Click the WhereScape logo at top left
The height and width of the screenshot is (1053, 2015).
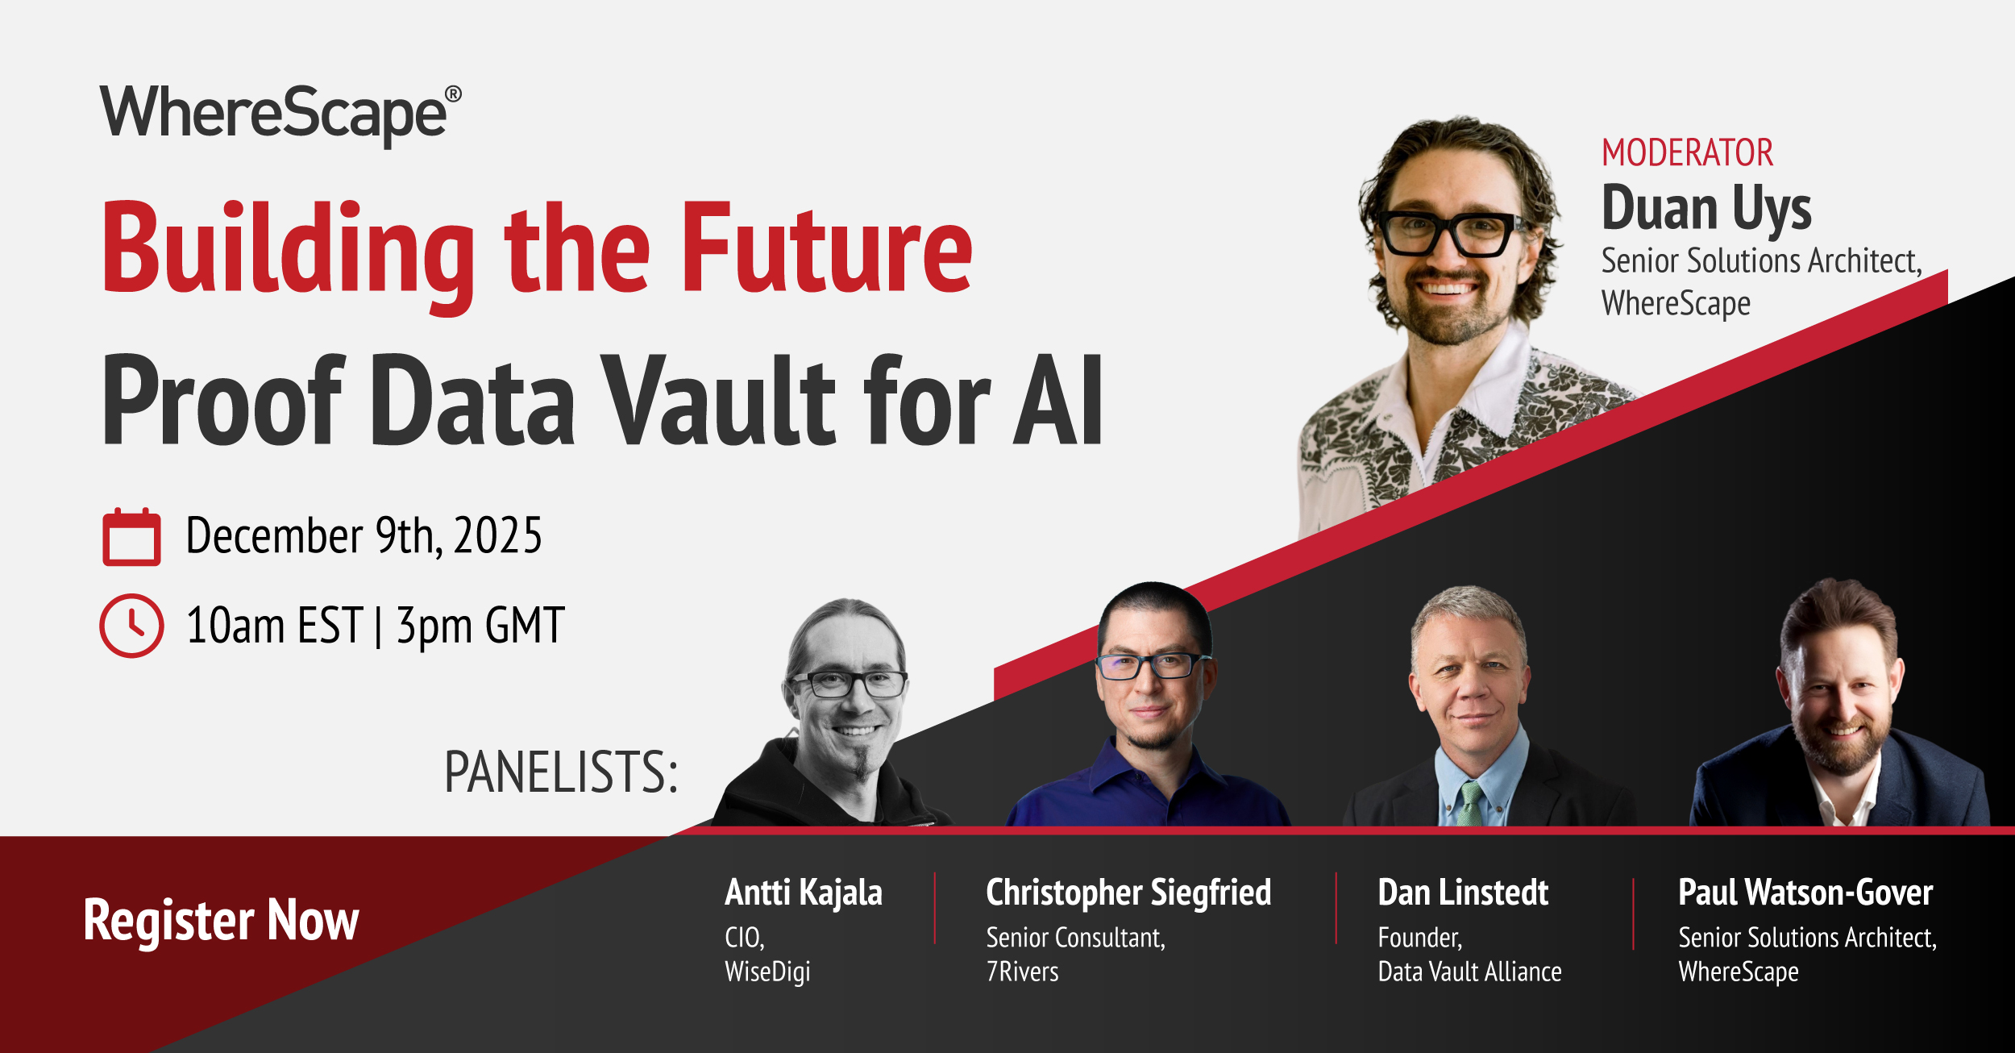280,114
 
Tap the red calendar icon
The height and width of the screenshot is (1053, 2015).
131,537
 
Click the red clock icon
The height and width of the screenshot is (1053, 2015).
131,626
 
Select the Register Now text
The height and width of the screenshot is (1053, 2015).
221,920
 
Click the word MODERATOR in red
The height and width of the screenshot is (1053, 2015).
1687,153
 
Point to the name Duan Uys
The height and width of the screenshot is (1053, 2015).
1706,208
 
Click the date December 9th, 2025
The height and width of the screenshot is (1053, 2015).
364,535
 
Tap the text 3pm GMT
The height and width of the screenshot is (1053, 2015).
480,626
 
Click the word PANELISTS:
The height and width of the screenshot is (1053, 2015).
561,772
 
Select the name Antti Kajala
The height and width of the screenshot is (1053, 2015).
804,893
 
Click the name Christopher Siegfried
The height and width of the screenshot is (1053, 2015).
1128,893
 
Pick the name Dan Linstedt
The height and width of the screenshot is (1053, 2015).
1463,893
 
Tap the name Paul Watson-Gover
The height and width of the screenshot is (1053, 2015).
1805,893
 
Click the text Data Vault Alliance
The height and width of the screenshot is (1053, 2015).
1469,972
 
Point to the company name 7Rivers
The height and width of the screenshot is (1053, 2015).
1022,972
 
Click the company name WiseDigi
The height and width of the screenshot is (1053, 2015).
767,972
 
